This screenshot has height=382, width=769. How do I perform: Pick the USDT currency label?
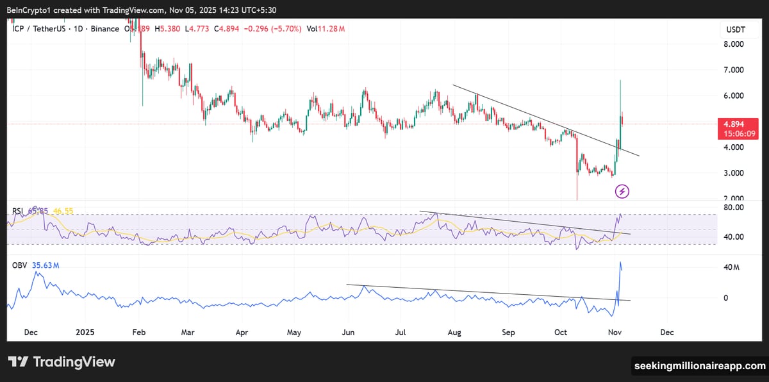coord(734,29)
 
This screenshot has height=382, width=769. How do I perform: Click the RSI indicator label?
coord(18,210)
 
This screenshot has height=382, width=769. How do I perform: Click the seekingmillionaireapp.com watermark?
coord(699,366)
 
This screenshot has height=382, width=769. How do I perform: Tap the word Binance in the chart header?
coord(104,29)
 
